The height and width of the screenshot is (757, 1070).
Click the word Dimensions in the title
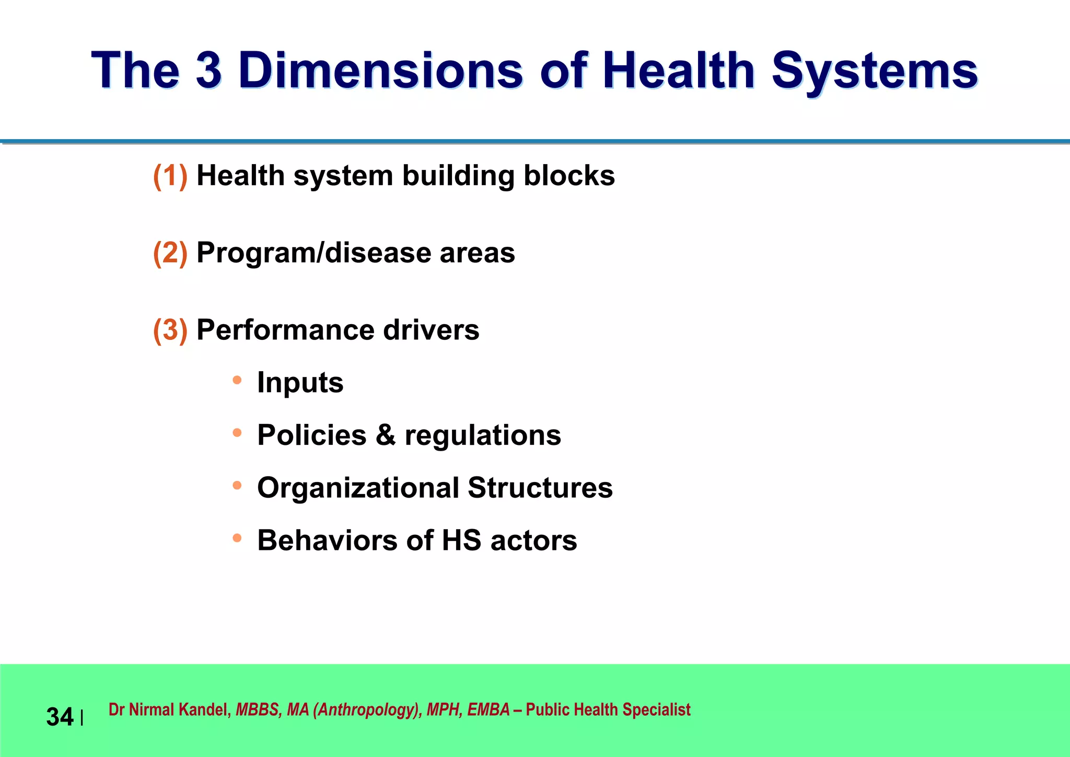click(x=380, y=70)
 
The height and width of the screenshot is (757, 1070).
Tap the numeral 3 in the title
click(x=208, y=70)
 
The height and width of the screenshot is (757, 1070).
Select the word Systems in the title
click(x=874, y=71)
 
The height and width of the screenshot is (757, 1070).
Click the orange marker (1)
click(x=170, y=176)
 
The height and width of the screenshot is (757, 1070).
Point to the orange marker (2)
click(x=170, y=253)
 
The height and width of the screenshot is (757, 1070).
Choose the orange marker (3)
click(x=170, y=330)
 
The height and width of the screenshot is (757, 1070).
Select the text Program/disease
click(x=313, y=253)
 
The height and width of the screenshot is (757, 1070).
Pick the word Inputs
click(x=300, y=383)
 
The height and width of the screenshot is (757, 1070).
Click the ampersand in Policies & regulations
click(x=385, y=435)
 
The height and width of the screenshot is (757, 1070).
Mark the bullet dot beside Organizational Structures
click(x=237, y=485)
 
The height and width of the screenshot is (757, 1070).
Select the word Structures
click(x=540, y=488)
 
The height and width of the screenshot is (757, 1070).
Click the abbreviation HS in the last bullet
click(x=461, y=540)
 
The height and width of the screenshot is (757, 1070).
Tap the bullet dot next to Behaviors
click(x=237, y=537)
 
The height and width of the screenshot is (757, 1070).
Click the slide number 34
click(x=60, y=717)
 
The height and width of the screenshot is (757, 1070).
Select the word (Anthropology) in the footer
click(x=367, y=709)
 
